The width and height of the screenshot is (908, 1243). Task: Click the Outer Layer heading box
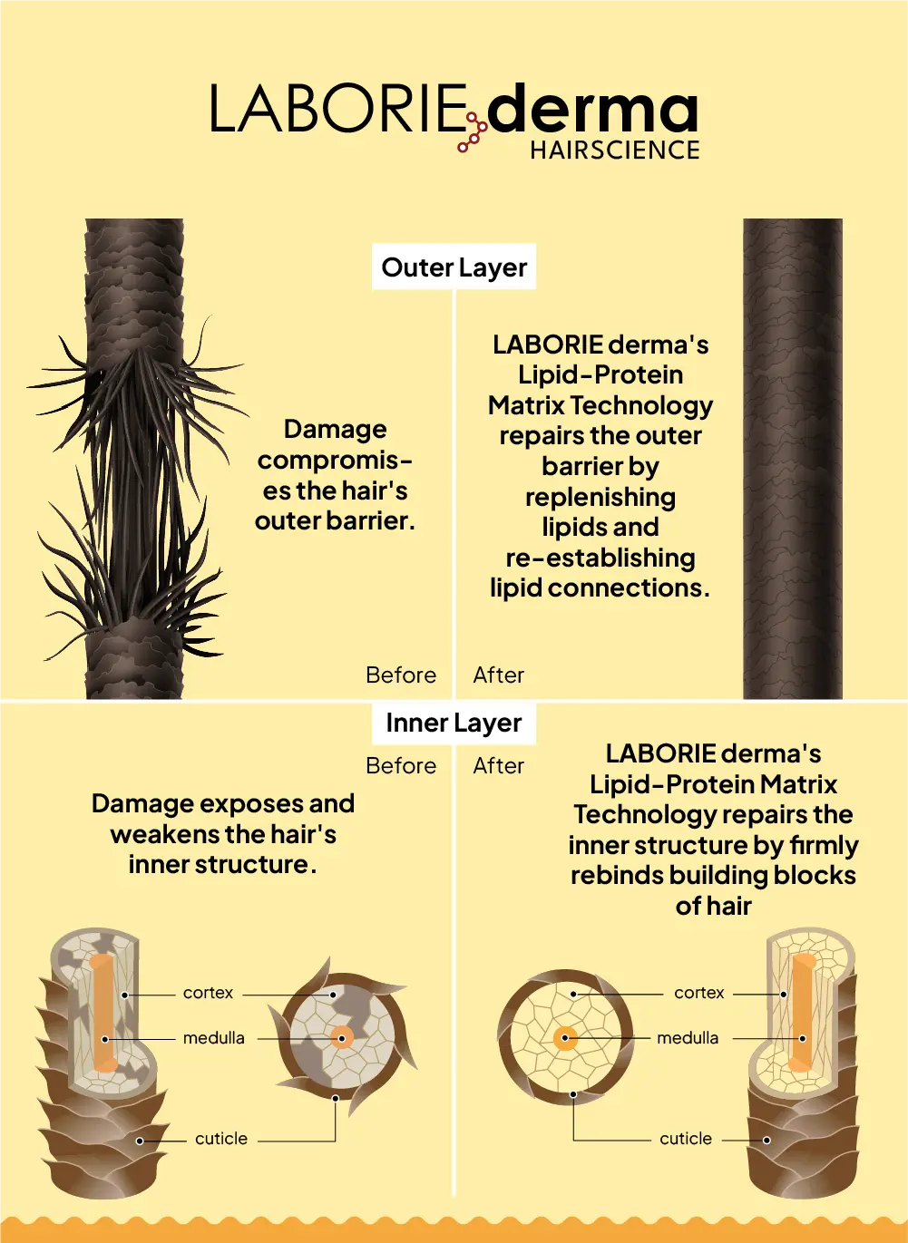454,267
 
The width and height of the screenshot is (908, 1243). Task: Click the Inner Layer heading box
454,723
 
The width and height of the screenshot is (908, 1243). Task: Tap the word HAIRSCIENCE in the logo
615,151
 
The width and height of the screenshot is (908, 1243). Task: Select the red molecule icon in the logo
472,132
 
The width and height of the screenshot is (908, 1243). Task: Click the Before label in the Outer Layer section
401,675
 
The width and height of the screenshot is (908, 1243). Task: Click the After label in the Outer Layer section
498,675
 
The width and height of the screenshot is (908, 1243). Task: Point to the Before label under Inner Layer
401,766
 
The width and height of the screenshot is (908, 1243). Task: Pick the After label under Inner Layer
498,766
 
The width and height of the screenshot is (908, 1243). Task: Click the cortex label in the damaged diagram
208,993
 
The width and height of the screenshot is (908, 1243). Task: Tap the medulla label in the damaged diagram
214,1038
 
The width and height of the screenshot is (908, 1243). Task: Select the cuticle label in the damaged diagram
221,1139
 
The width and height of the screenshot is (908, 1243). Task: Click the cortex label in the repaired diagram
699,993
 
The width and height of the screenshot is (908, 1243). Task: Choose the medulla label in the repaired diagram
688,1038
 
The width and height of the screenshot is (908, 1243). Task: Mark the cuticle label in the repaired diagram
685,1139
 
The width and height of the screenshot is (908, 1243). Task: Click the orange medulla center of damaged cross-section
342,1038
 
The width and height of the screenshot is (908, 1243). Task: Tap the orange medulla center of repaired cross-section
565,1038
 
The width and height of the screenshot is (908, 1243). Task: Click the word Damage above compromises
335,430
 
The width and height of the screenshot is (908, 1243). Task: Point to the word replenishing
600,498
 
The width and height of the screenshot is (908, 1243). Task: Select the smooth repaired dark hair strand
793,459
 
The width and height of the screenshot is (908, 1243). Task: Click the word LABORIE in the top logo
337,108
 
